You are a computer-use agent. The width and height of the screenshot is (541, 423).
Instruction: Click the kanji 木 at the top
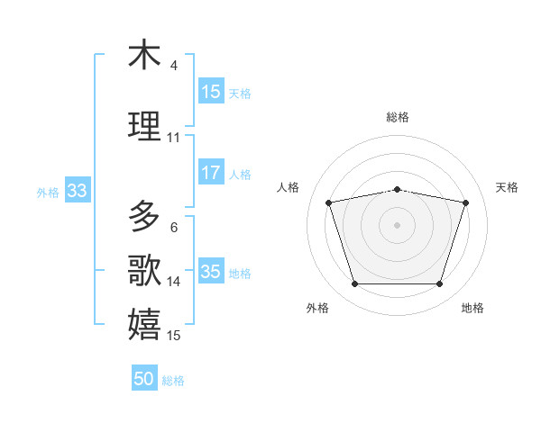point(144,56)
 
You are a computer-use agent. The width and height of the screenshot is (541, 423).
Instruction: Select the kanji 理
point(144,126)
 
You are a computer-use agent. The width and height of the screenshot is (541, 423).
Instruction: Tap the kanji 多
point(144,217)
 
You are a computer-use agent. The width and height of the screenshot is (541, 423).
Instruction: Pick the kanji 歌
point(144,269)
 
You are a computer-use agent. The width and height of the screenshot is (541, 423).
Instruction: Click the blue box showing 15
point(211,92)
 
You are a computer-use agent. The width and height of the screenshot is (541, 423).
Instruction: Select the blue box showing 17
point(211,173)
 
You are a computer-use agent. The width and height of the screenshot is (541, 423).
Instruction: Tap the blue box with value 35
point(211,272)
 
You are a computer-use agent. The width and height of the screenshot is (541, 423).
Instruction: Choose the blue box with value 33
point(77,191)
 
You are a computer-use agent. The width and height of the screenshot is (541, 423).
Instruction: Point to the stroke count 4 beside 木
point(174,66)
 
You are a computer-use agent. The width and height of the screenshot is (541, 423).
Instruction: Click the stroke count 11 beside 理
point(174,138)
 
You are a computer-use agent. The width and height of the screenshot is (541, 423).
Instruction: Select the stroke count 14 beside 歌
point(174,282)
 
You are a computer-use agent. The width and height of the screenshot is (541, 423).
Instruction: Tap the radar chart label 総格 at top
point(398,117)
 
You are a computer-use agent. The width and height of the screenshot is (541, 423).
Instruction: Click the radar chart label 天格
point(507,187)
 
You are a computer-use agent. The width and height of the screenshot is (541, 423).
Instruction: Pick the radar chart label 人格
point(289,187)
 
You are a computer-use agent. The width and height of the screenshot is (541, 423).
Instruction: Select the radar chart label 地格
point(472,308)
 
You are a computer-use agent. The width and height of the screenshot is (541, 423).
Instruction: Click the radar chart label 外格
point(317,308)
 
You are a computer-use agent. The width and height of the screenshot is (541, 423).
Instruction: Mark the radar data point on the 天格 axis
point(466,202)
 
